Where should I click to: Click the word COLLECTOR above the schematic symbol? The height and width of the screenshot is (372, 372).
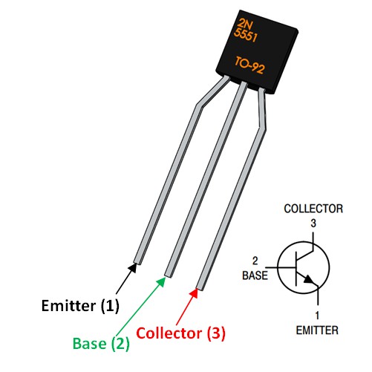pyautogui.click(x=314, y=210)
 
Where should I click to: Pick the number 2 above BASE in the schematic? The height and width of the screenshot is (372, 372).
pyautogui.click(x=256, y=262)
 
